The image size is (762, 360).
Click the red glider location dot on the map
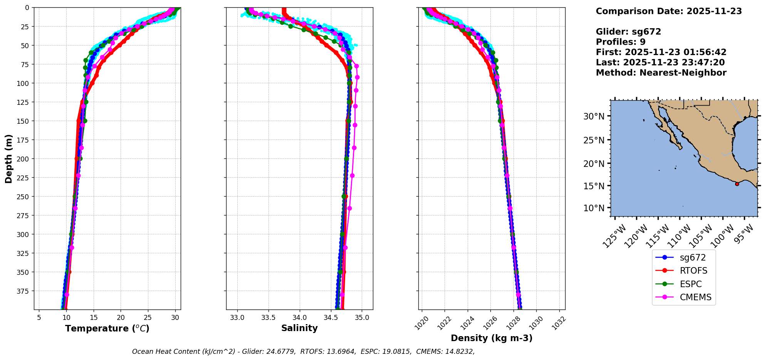coord(737,184)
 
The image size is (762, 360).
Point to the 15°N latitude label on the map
coord(594,186)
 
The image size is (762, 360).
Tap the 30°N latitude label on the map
coord(594,116)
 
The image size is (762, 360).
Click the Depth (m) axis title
coord(9,158)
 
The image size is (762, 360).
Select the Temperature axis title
coord(107,328)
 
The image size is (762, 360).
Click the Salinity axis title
coord(299,328)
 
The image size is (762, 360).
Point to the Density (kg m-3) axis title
coord(492,338)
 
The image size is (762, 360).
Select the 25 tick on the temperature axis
coord(148,318)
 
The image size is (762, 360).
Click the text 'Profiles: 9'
coord(621,42)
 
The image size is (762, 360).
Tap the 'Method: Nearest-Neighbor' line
coord(661,73)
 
